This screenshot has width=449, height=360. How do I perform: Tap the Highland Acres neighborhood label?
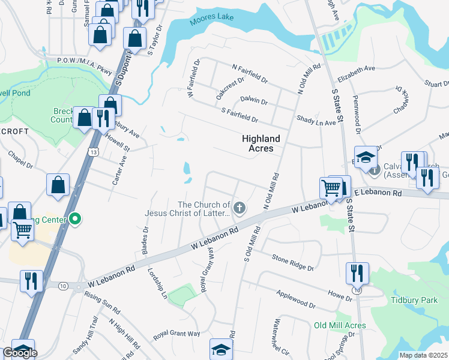point(261,143)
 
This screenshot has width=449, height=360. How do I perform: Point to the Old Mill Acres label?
point(340,325)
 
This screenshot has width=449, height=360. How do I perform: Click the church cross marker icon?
point(240,209)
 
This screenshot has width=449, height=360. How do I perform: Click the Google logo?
point(20,353)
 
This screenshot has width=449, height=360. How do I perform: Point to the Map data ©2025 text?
point(423,355)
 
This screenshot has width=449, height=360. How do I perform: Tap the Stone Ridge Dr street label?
point(292,262)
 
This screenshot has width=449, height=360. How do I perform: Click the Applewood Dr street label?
point(295,298)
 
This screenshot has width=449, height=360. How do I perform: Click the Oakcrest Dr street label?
point(231,88)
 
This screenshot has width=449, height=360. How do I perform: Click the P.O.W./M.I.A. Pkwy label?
point(84,65)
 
